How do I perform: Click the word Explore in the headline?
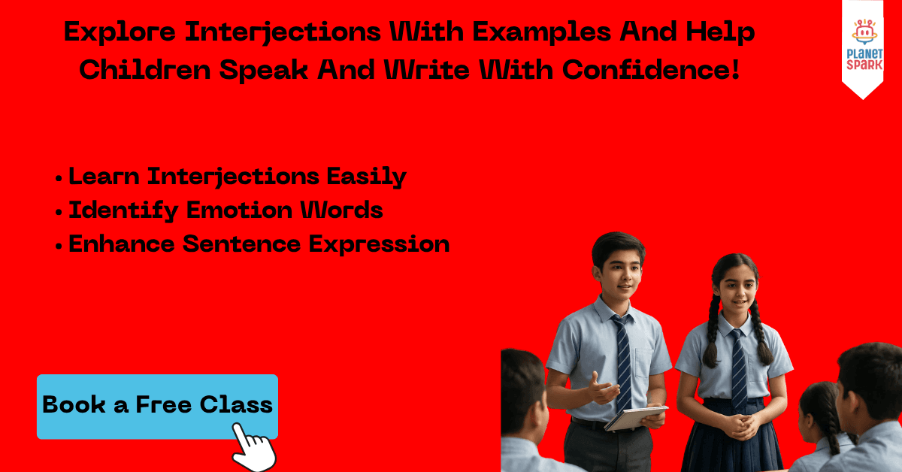point(120,32)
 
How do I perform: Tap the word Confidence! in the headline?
point(651,70)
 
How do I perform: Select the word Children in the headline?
point(145,70)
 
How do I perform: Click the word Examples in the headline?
point(542,32)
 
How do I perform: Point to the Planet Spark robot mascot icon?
point(864,32)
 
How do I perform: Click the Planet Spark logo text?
point(864,59)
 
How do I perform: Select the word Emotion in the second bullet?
point(240,210)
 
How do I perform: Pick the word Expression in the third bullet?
point(379,244)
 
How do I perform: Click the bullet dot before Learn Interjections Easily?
point(59,178)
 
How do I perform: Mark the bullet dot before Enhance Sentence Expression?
point(59,246)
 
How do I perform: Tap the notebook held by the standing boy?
point(635,417)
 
